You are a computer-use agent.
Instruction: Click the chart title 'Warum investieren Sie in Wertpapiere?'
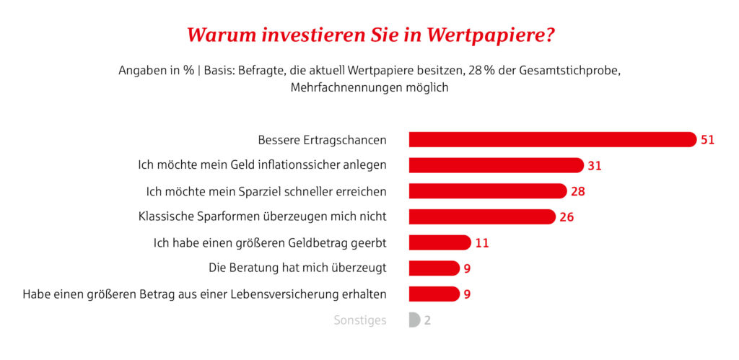click(371, 35)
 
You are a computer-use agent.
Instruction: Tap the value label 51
click(707, 139)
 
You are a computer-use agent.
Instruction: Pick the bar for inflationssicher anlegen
click(496, 165)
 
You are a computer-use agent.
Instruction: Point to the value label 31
click(594, 165)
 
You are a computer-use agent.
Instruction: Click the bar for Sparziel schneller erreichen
click(487, 191)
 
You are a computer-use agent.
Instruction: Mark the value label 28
click(577, 191)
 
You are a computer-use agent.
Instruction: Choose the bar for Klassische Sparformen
click(481, 216)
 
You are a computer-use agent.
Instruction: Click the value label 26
click(567, 216)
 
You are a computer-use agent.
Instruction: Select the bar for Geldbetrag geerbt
click(440, 242)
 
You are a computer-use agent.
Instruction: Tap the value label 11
click(482, 242)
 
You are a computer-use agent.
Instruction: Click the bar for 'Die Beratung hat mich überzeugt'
click(434, 268)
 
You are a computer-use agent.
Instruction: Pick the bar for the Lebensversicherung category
click(434, 294)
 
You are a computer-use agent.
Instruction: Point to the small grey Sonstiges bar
click(414, 320)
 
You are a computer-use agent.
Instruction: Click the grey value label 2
click(427, 320)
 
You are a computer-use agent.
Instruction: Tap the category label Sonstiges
click(360, 320)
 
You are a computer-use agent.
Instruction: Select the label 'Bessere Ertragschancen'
click(322, 139)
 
